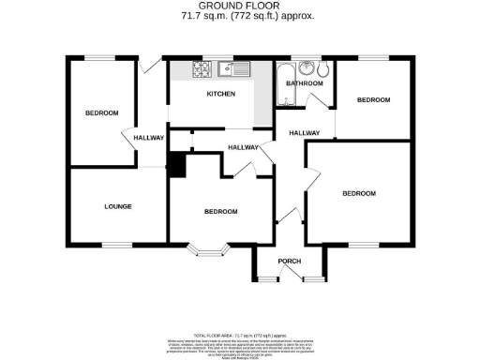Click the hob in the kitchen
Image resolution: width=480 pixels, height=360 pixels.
click(x=201, y=68)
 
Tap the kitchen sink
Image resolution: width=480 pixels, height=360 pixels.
click(x=232, y=68)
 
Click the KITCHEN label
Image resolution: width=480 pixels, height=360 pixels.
click(x=220, y=95)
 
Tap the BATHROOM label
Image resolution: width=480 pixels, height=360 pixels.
click(x=305, y=84)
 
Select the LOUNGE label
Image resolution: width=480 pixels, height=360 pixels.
click(x=118, y=206)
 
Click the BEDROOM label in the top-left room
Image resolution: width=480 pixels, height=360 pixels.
click(x=102, y=113)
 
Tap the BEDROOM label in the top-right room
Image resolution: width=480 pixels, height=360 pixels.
click(x=372, y=99)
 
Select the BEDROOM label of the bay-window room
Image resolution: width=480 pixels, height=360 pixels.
click(x=221, y=212)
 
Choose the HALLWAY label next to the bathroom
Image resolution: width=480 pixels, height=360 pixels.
click(x=305, y=132)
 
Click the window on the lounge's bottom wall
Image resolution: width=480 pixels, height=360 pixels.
click(x=117, y=245)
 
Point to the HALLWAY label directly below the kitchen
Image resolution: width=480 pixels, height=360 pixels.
click(x=245, y=146)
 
